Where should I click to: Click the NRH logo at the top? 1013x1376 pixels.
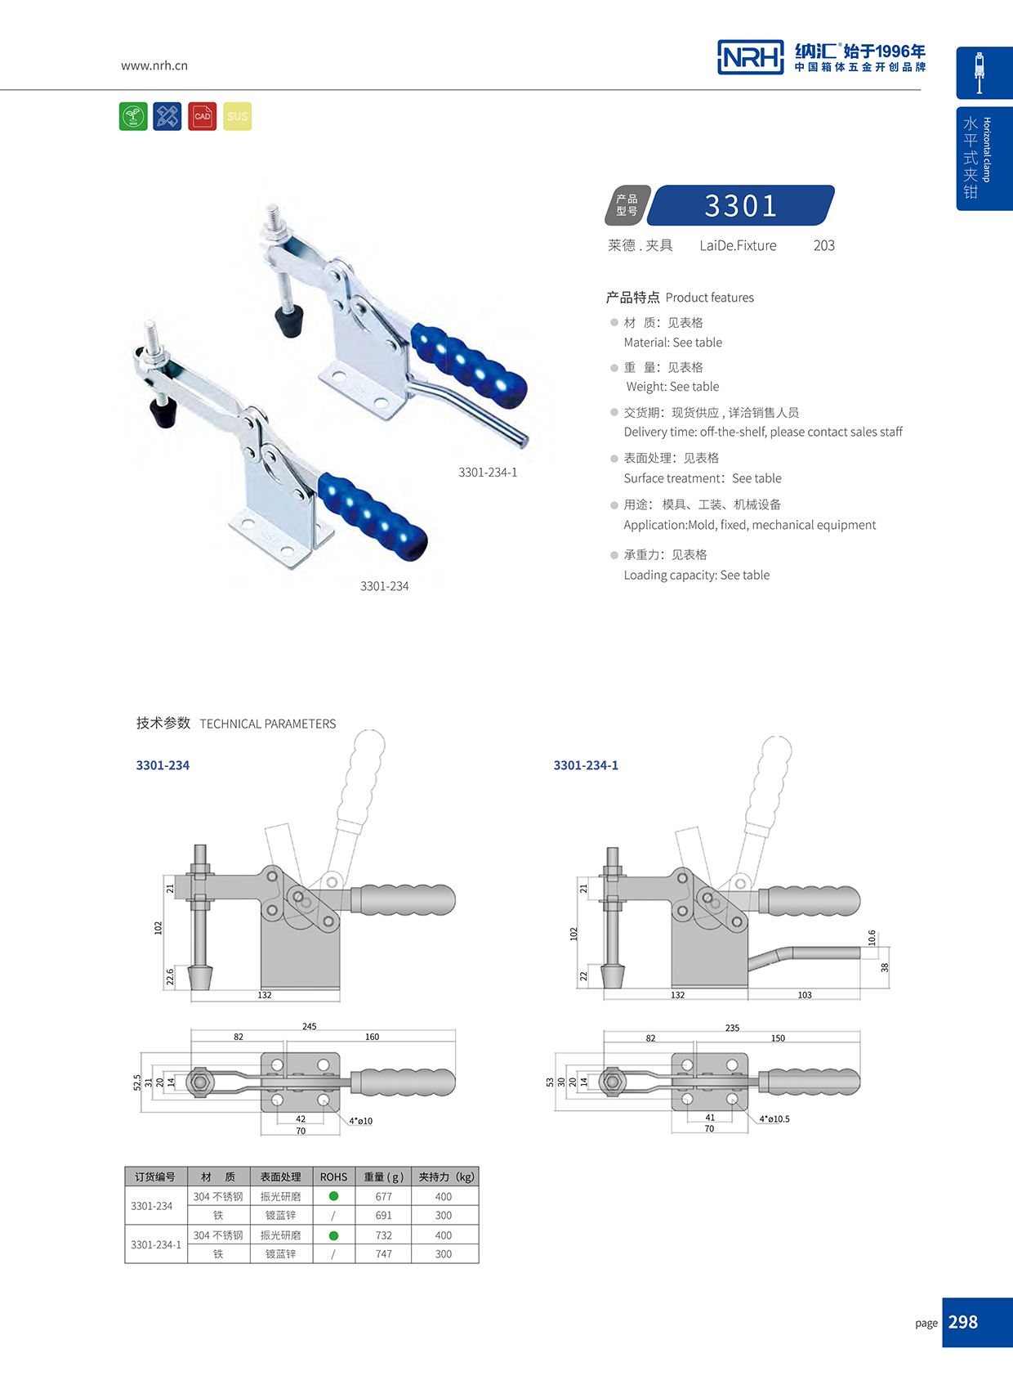pos(750,57)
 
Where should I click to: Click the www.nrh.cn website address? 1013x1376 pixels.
pos(154,65)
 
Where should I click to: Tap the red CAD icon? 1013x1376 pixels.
pos(202,116)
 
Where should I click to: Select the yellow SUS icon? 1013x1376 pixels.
pos(238,116)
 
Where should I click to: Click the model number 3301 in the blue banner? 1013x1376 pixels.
pos(740,205)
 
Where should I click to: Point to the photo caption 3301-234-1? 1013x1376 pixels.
pos(488,473)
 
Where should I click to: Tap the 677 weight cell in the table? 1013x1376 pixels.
pos(383,1196)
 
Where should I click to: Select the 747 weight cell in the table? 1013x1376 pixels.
pos(383,1253)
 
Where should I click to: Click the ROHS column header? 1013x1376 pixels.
pos(333,1177)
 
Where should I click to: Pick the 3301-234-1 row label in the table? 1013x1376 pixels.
pos(156,1244)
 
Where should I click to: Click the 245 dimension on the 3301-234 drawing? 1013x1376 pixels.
pos(309,1026)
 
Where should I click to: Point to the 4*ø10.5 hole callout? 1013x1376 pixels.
pos(774,1118)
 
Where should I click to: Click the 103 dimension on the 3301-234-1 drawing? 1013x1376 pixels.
pos(805,995)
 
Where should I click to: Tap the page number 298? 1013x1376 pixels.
pos(963,1322)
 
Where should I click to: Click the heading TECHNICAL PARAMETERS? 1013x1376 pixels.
pos(267,724)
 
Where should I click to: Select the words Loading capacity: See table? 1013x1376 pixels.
pos(696,575)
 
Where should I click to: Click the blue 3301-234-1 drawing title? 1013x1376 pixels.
pos(586,765)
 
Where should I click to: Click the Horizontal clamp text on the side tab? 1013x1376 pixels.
pos(987,150)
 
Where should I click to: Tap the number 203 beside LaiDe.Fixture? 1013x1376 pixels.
pos(823,245)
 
